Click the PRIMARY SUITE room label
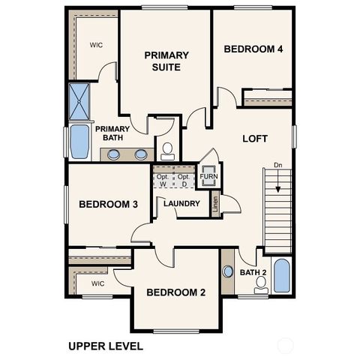166,61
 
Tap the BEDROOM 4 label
253,49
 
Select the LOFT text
255,139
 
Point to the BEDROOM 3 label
108,205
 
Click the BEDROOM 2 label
176,292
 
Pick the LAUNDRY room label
181,203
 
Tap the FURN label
208,177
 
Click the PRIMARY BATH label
113,133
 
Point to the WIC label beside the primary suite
96,45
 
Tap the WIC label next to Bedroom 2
97,283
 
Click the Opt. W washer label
163,180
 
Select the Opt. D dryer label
183,180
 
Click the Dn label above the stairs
278,164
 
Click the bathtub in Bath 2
281,275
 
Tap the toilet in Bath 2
261,283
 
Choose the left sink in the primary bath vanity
113,154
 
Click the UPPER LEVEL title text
105,346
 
